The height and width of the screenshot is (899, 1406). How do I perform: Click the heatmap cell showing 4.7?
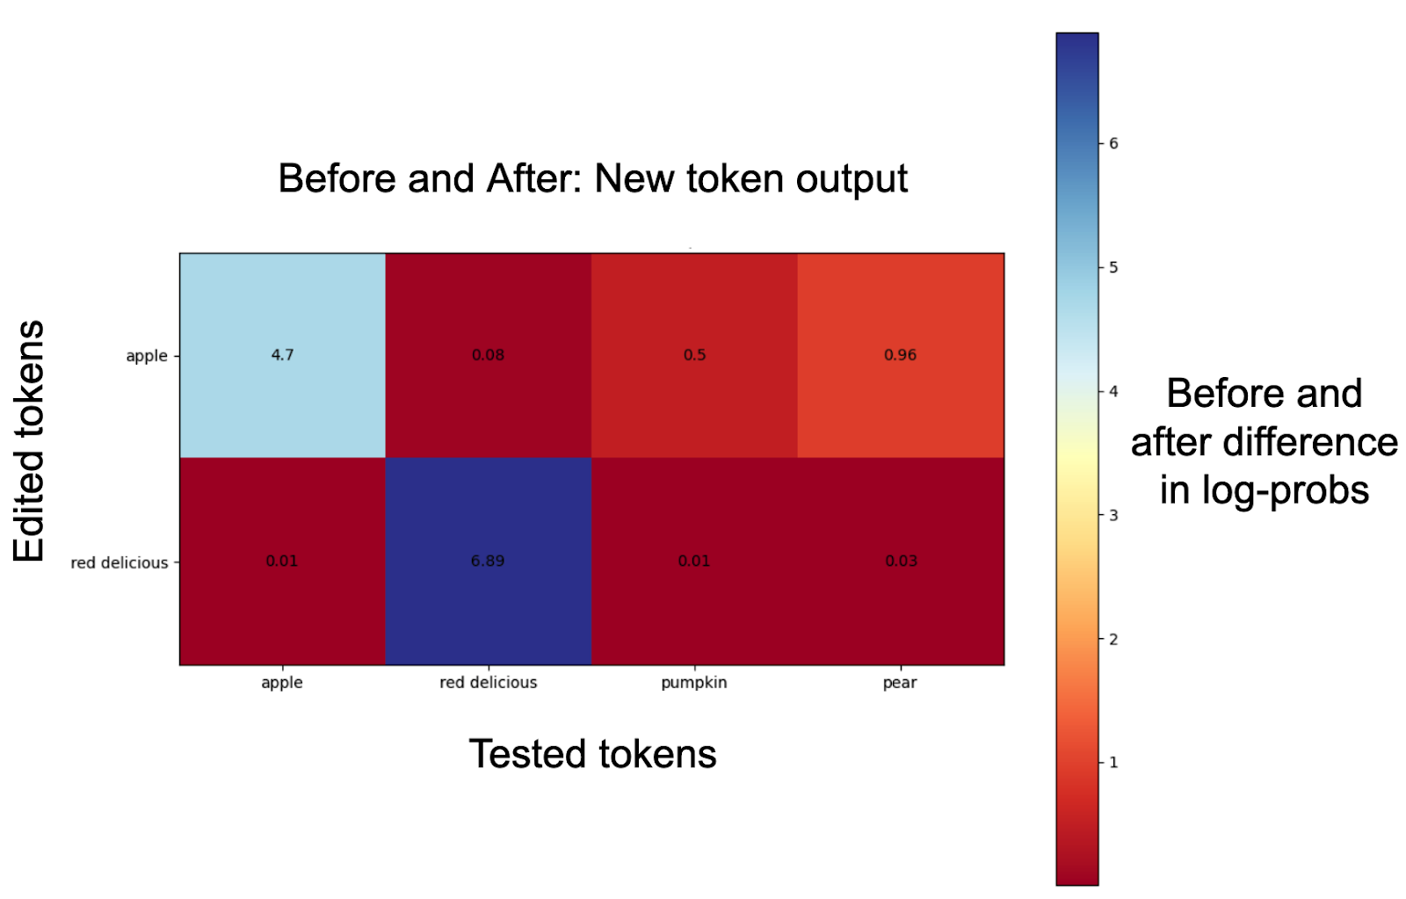[282, 355]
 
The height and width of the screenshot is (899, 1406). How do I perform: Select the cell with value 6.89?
[489, 562]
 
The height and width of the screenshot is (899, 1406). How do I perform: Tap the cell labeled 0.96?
[901, 355]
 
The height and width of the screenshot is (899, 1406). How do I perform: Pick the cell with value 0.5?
[694, 355]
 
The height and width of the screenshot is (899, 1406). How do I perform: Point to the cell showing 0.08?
[489, 355]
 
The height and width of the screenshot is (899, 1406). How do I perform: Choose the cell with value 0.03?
[901, 562]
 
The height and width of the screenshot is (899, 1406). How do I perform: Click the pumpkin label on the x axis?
[694, 683]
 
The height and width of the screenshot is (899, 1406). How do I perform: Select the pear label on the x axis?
[900, 683]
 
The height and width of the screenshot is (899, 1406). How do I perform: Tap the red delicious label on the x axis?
[489, 682]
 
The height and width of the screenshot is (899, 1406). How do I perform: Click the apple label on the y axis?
[147, 356]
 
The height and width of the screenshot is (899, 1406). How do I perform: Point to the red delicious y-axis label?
[120, 562]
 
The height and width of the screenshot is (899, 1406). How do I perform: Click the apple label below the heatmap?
[282, 683]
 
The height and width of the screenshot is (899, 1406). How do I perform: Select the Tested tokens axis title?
[592, 753]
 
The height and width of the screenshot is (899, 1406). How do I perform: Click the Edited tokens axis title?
[29, 440]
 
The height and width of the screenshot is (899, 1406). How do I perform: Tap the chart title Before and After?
[592, 178]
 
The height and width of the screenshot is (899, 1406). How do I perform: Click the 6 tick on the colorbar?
[1113, 143]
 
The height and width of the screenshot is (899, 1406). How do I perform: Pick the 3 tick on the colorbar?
[1113, 515]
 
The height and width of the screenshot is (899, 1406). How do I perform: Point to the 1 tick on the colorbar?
[1113, 762]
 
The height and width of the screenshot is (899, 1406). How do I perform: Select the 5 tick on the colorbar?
[1113, 267]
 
